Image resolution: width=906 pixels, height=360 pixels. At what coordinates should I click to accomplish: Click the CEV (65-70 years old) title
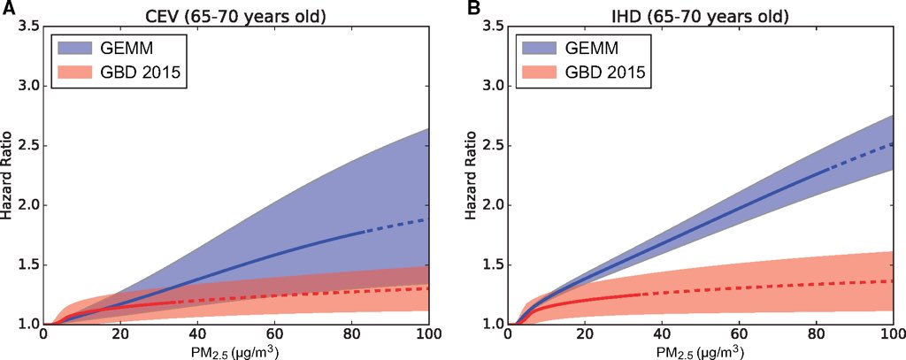236,15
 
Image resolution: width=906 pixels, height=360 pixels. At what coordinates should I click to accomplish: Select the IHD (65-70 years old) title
700,15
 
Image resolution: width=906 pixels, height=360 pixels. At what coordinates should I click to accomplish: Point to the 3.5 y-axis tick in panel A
27,27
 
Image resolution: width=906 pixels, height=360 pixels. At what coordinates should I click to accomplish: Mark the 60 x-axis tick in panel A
274,335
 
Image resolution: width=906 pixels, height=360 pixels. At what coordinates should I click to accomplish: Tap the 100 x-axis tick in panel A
428,335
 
